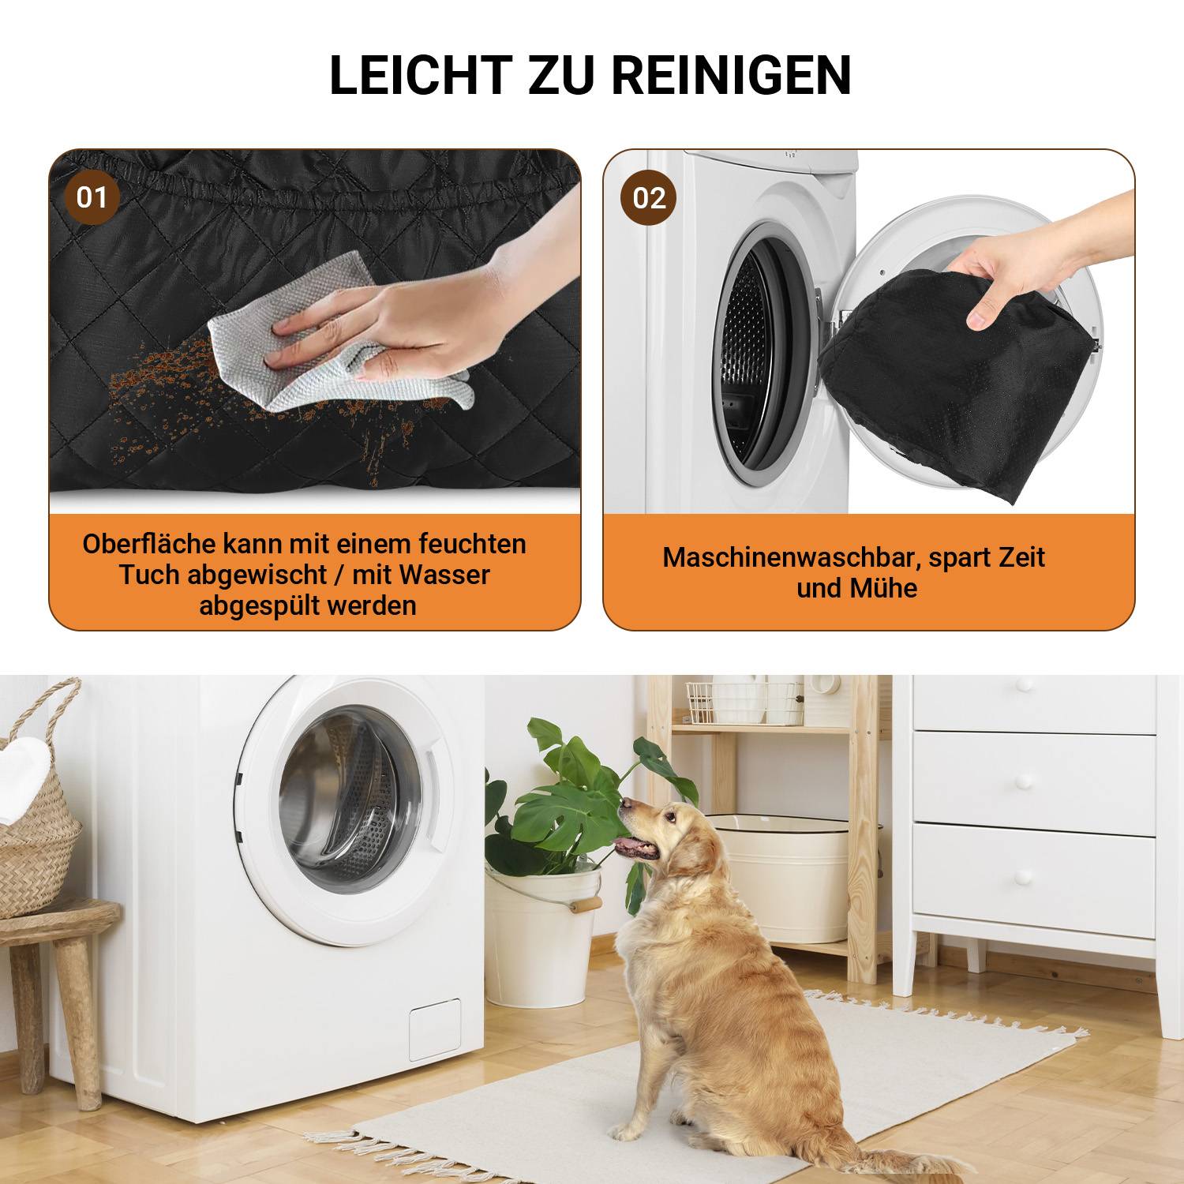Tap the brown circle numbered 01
click(92, 197)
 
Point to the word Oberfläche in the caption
click(149, 544)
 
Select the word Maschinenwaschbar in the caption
click(792, 557)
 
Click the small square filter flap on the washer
click(434, 1029)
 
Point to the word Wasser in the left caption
click(444, 575)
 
